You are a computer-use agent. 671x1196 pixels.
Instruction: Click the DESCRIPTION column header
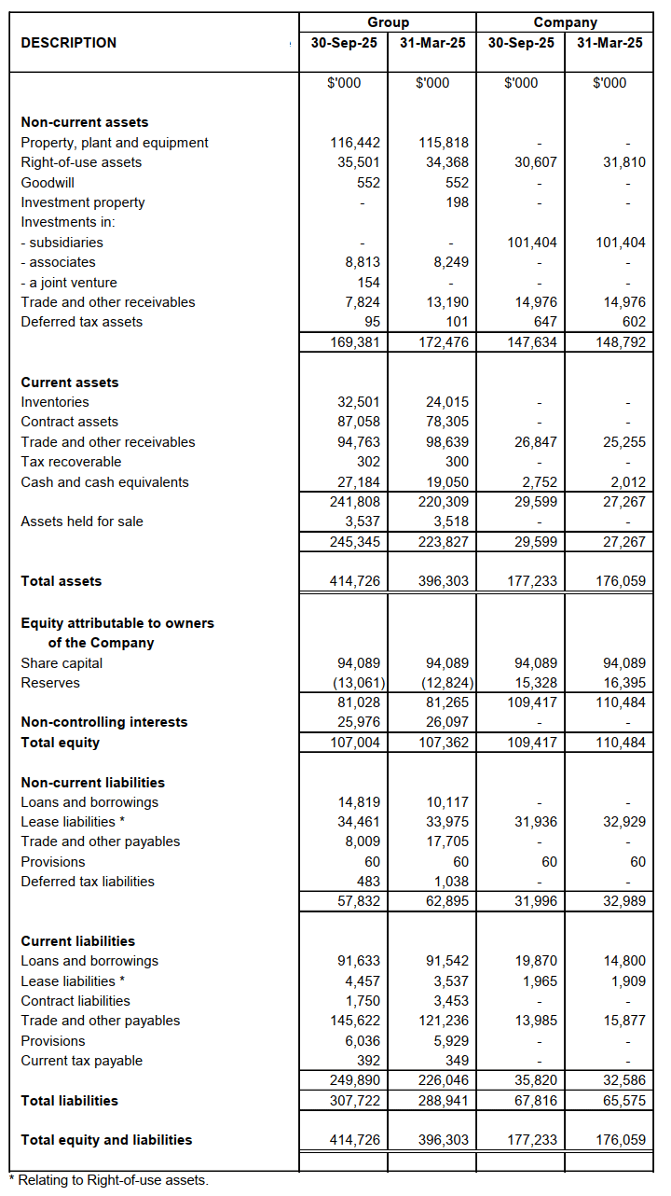point(69,43)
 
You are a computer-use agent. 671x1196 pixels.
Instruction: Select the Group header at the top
point(388,21)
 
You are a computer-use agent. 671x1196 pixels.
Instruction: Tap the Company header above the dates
point(565,21)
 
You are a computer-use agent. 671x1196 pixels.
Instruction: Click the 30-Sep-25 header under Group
point(344,43)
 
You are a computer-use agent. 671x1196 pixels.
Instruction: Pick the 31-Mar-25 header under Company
point(609,43)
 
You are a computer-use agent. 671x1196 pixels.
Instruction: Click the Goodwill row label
point(48,183)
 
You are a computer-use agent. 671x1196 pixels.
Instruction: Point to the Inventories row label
point(55,402)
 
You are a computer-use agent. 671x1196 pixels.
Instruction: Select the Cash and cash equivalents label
point(104,482)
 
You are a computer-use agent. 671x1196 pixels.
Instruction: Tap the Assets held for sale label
point(82,522)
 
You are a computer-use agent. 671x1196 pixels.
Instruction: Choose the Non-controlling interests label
point(103,722)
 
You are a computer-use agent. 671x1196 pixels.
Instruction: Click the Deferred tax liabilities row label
point(88,882)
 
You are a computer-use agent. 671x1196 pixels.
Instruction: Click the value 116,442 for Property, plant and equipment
point(356,143)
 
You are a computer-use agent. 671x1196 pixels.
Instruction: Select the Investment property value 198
point(457,202)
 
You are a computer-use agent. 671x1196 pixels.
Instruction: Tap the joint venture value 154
point(369,283)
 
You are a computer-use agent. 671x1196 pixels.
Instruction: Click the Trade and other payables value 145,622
point(356,1021)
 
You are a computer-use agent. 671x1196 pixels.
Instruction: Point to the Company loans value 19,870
point(536,961)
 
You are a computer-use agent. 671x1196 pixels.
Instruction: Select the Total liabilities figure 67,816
point(536,1101)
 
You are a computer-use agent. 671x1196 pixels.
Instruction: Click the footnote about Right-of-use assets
point(108,1180)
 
